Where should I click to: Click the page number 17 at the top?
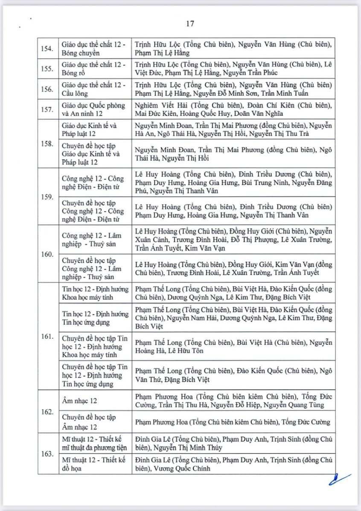190,24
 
